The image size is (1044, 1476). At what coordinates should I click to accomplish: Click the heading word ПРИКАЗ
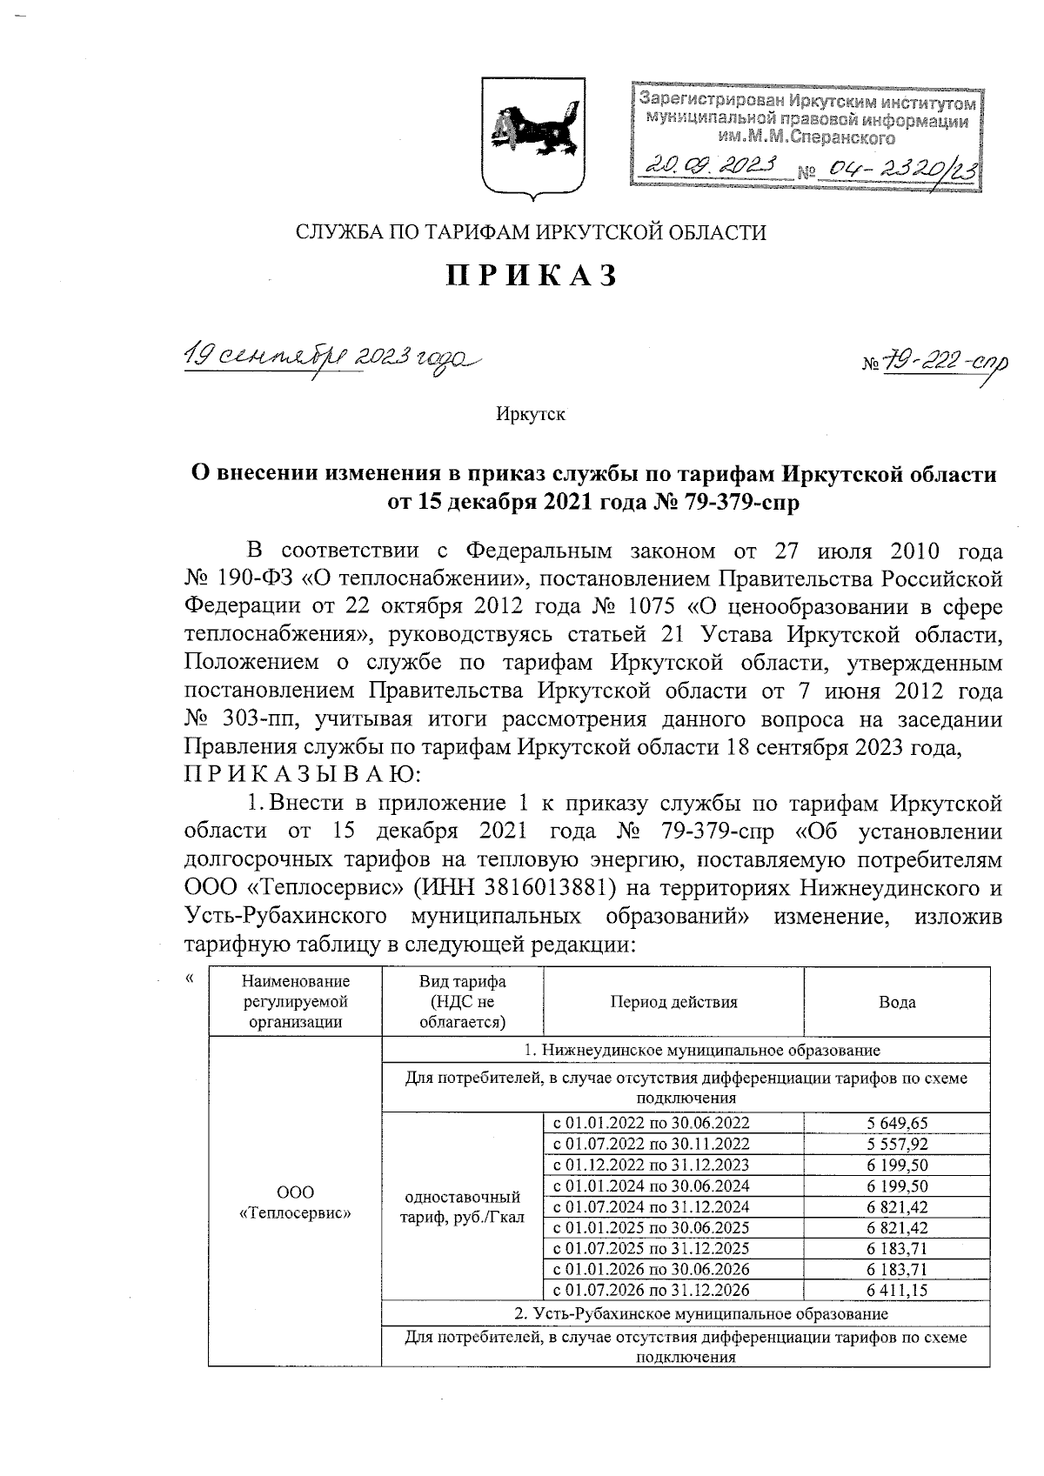tap(532, 275)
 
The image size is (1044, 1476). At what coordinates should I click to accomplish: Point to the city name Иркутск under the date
tap(531, 414)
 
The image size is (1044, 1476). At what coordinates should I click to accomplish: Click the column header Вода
tap(897, 1002)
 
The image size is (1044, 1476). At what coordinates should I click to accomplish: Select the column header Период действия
tap(673, 1002)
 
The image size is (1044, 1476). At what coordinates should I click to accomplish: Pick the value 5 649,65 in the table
tap(897, 1123)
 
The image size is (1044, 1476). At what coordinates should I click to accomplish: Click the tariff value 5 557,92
tap(897, 1144)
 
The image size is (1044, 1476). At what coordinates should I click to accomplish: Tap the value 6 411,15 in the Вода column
tap(897, 1291)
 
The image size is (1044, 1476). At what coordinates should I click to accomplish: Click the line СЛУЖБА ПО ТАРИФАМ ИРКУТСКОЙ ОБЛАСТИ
tap(532, 232)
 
